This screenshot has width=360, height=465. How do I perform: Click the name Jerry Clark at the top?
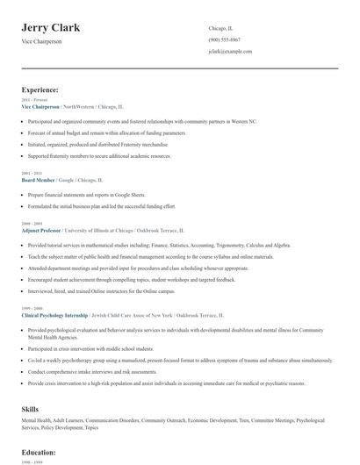51,27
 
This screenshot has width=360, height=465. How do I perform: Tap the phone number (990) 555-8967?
225,40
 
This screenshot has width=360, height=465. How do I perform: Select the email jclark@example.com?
230,52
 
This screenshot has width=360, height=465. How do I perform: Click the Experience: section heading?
40,89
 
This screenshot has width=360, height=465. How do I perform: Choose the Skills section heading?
31,409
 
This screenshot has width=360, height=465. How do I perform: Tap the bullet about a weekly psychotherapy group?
176,361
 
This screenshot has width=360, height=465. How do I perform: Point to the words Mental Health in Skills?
37,421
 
